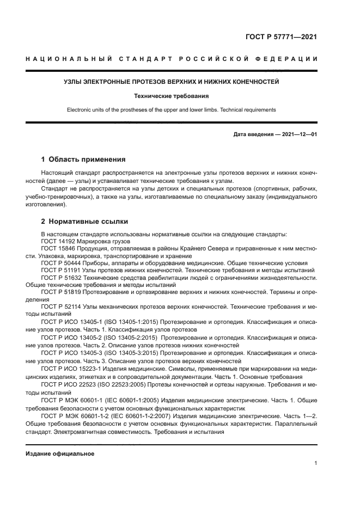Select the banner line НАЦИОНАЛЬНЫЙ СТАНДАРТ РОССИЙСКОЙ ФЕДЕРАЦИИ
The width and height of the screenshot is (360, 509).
click(x=172, y=59)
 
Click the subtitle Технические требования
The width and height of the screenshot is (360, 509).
click(x=172, y=96)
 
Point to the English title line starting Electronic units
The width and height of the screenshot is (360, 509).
click(x=172, y=109)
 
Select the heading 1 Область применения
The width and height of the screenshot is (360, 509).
click(x=83, y=160)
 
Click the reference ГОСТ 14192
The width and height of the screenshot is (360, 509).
click(x=59, y=241)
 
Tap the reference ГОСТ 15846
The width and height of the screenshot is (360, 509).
click(x=59, y=248)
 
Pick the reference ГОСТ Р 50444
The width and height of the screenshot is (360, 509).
click(x=62, y=262)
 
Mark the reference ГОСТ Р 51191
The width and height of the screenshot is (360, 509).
click(x=62, y=269)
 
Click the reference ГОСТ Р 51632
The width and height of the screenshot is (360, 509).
click(x=62, y=277)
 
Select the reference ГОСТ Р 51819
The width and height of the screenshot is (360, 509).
click(x=62, y=292)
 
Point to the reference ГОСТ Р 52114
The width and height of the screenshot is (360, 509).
click(x=62, y=306)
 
